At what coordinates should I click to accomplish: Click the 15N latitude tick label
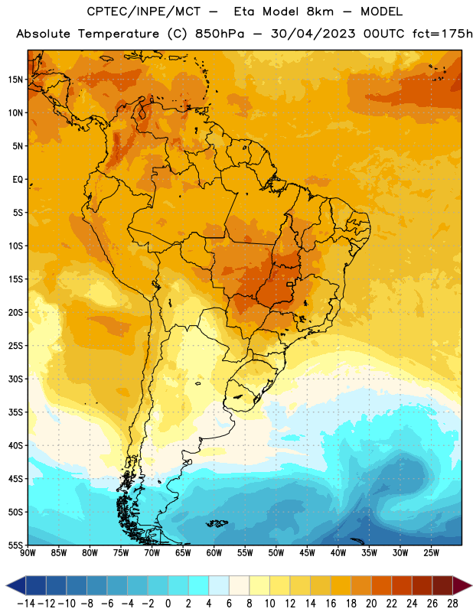[x=15, y=80]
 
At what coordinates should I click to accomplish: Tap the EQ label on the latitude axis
[x=18, y=180]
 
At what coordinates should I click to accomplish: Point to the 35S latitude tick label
[x=15, y=412]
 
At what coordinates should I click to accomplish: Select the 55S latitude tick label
[x=15, y=545]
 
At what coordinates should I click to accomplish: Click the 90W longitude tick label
[x=28, y=552]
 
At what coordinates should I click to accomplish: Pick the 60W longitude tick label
[x=214, y=552]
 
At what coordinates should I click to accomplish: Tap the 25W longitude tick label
[x=431, y=552]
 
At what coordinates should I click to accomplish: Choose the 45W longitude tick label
[x=307, y=552]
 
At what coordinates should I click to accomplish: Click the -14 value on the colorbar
[x=26, y=604]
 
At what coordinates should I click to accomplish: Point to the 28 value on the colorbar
[x=452, y=604]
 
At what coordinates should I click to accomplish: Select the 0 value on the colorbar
[x=168, y=604]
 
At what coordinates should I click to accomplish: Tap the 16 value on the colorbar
[x=331, y=604]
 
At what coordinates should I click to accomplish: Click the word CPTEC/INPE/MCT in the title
[x=144, y=11]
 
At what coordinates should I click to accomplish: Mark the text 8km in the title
[x=320, y=11]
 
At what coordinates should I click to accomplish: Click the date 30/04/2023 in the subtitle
[x=313, y=34]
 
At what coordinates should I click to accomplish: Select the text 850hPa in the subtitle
[x=220, y=34]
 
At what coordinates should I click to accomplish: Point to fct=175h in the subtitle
[x=442, y=34]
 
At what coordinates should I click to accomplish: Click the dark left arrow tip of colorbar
[x=7, y=585]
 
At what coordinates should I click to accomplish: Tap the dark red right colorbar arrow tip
[x=471, y=585]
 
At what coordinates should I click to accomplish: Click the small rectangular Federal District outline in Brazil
[x=289, y=284]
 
